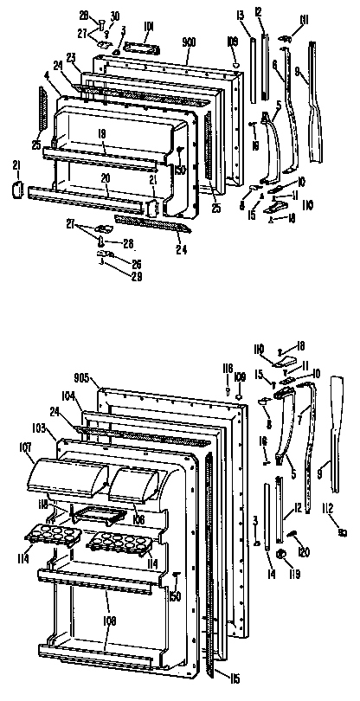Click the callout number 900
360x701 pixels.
[188, 41]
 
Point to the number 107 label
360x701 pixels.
[22, 448]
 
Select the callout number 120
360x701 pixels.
[304, 550]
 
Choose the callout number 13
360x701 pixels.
[240, 15]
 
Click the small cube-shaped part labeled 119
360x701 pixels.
[281, 553]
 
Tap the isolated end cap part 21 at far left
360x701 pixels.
[16, 189]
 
